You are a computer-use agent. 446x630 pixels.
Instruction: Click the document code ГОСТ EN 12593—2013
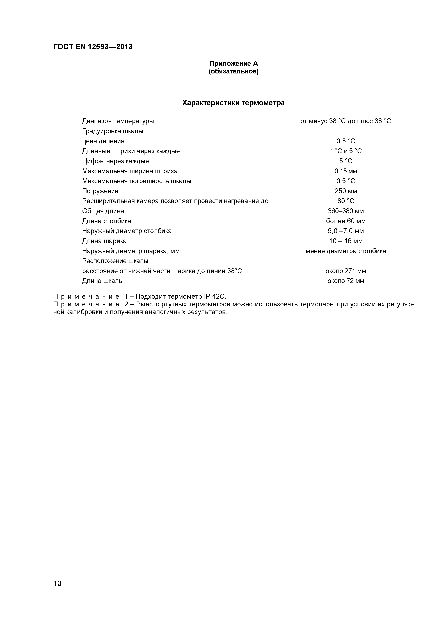[93, 47]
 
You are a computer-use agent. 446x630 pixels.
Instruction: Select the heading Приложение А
[234, 64]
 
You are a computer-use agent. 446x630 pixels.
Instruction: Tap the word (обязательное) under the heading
[234, 72]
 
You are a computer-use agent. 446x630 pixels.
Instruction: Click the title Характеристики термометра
[234, 103]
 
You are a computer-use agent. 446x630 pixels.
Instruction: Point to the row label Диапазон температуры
[118, 121]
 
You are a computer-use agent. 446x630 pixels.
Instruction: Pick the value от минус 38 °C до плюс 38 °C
[346, 121]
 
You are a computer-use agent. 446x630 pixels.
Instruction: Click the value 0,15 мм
[346, 171]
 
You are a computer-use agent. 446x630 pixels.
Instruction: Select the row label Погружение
[100, 191]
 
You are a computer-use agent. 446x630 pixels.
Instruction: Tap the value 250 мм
[346, 191]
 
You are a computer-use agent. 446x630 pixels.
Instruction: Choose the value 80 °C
[346, 201]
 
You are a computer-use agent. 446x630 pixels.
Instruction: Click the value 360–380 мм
[346, 211]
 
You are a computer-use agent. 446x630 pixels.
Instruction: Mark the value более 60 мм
[346, 221]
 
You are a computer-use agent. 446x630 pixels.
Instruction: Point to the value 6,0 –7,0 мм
[346, 231]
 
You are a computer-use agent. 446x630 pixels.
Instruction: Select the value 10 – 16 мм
[346, 241]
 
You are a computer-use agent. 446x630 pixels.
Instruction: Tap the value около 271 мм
[346, 271]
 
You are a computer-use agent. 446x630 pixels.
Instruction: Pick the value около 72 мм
[346, 281]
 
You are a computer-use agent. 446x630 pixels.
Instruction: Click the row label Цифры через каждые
[115, 161]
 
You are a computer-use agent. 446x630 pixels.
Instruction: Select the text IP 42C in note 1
[214, 297]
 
